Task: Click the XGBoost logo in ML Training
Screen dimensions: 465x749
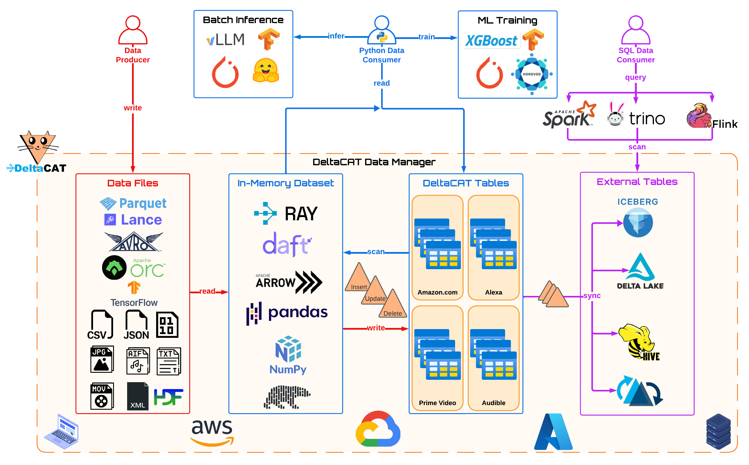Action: [491, 41]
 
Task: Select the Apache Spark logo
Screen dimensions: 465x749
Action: [568, 115]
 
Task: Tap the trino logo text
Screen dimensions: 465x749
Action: [646, 118]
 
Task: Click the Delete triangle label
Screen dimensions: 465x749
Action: [392, 313]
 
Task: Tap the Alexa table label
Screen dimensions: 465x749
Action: [493, 292]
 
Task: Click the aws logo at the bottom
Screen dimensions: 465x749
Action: [212, 431]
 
